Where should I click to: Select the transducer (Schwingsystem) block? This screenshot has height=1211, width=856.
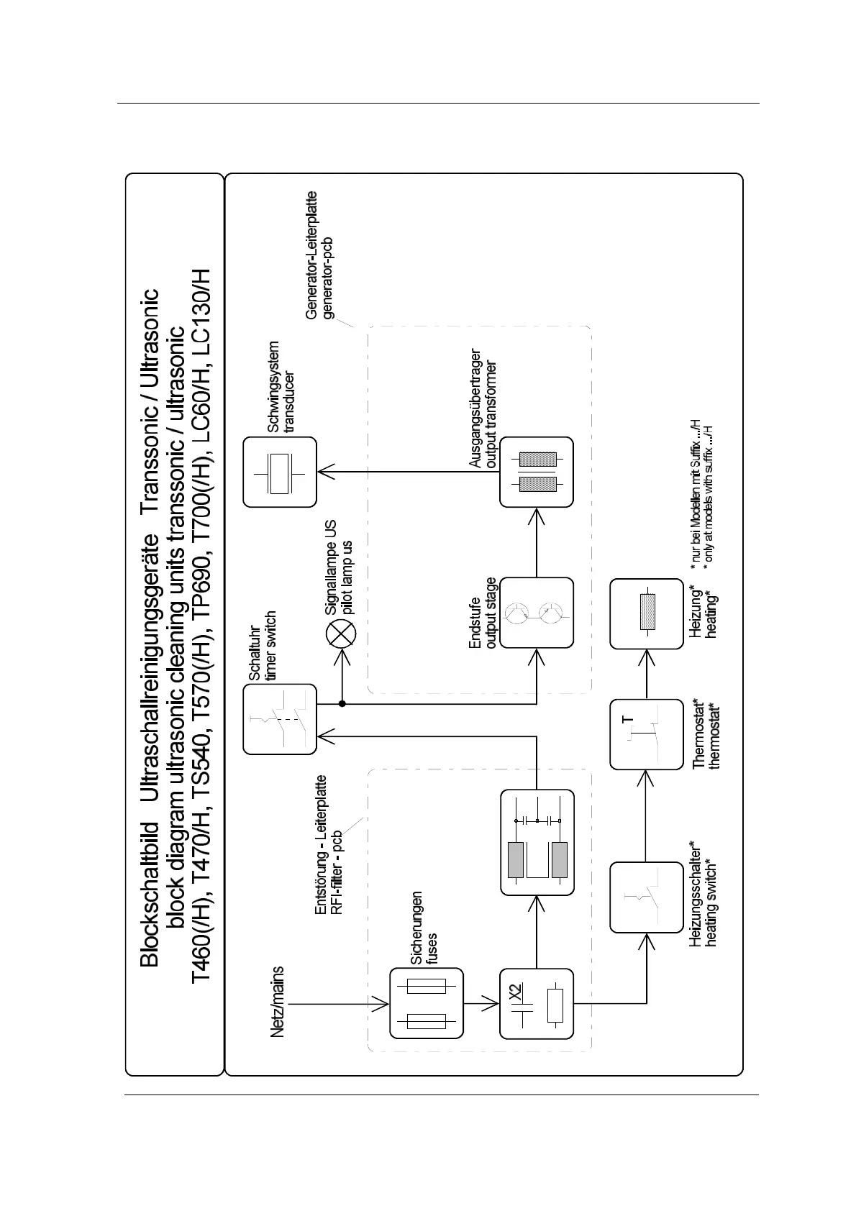point(279,472)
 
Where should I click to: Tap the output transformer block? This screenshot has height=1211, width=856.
point(537,472)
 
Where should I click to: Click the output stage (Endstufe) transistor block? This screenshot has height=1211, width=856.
point(537,613)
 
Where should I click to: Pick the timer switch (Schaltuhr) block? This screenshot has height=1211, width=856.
point(279,719)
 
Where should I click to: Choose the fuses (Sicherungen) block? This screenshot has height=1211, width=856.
point(427,1002)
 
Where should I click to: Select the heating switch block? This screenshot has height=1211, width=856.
point(646,897)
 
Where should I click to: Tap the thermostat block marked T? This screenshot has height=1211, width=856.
point(646,734)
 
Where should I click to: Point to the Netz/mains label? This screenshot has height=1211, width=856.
point(278,1001)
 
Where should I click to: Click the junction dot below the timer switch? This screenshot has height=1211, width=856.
point(342,703)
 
